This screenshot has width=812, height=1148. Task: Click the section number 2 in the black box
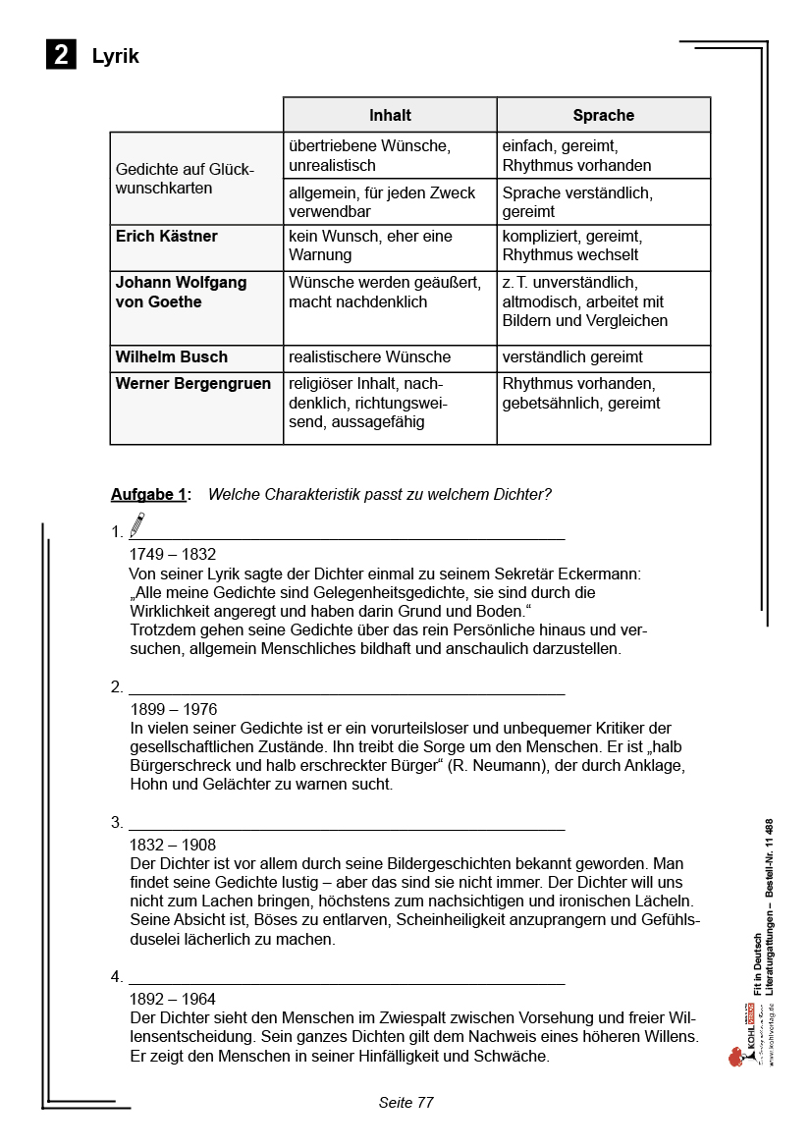pos(61,55)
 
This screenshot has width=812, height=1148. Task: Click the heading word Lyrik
pos(115,56)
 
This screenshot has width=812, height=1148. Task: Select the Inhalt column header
pos(390,115)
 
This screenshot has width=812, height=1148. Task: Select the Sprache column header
pos(603,115)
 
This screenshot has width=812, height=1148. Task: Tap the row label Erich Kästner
pos(167,237)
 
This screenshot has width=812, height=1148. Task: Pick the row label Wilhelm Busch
pos(171,357)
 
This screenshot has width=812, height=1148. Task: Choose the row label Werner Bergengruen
pos(193,384)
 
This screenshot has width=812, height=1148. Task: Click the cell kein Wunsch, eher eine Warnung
pos(369,246)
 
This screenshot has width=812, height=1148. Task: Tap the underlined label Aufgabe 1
pos(148,495)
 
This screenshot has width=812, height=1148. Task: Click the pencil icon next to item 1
pos(136,524)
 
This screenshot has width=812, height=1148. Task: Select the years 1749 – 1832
pos(173,555)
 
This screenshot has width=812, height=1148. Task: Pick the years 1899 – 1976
pos(173,709)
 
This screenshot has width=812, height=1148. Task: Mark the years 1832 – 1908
pos(173,845)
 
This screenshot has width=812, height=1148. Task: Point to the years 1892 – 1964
pos(173,1000)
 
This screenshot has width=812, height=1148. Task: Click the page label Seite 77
pos(406,1103)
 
